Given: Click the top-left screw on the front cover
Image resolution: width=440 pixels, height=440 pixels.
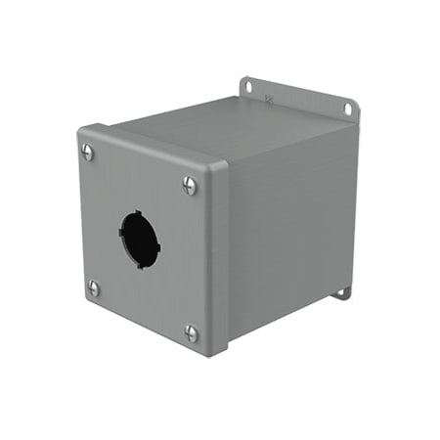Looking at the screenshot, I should click(x=88, y=152).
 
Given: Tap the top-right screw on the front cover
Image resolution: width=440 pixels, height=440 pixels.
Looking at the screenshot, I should click(x=190, y=184).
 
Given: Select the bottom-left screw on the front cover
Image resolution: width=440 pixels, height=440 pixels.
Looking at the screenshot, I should click(x=94, y=287).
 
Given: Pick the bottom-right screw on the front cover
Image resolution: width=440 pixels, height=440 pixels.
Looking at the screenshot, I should click(x=192, y=333).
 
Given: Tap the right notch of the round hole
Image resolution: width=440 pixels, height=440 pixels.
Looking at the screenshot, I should click(x=159, y=242).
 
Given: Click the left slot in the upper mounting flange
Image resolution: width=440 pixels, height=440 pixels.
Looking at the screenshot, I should click(x=246, y=86).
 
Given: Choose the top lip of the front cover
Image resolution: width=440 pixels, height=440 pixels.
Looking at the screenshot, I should click(x=156, y=147).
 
